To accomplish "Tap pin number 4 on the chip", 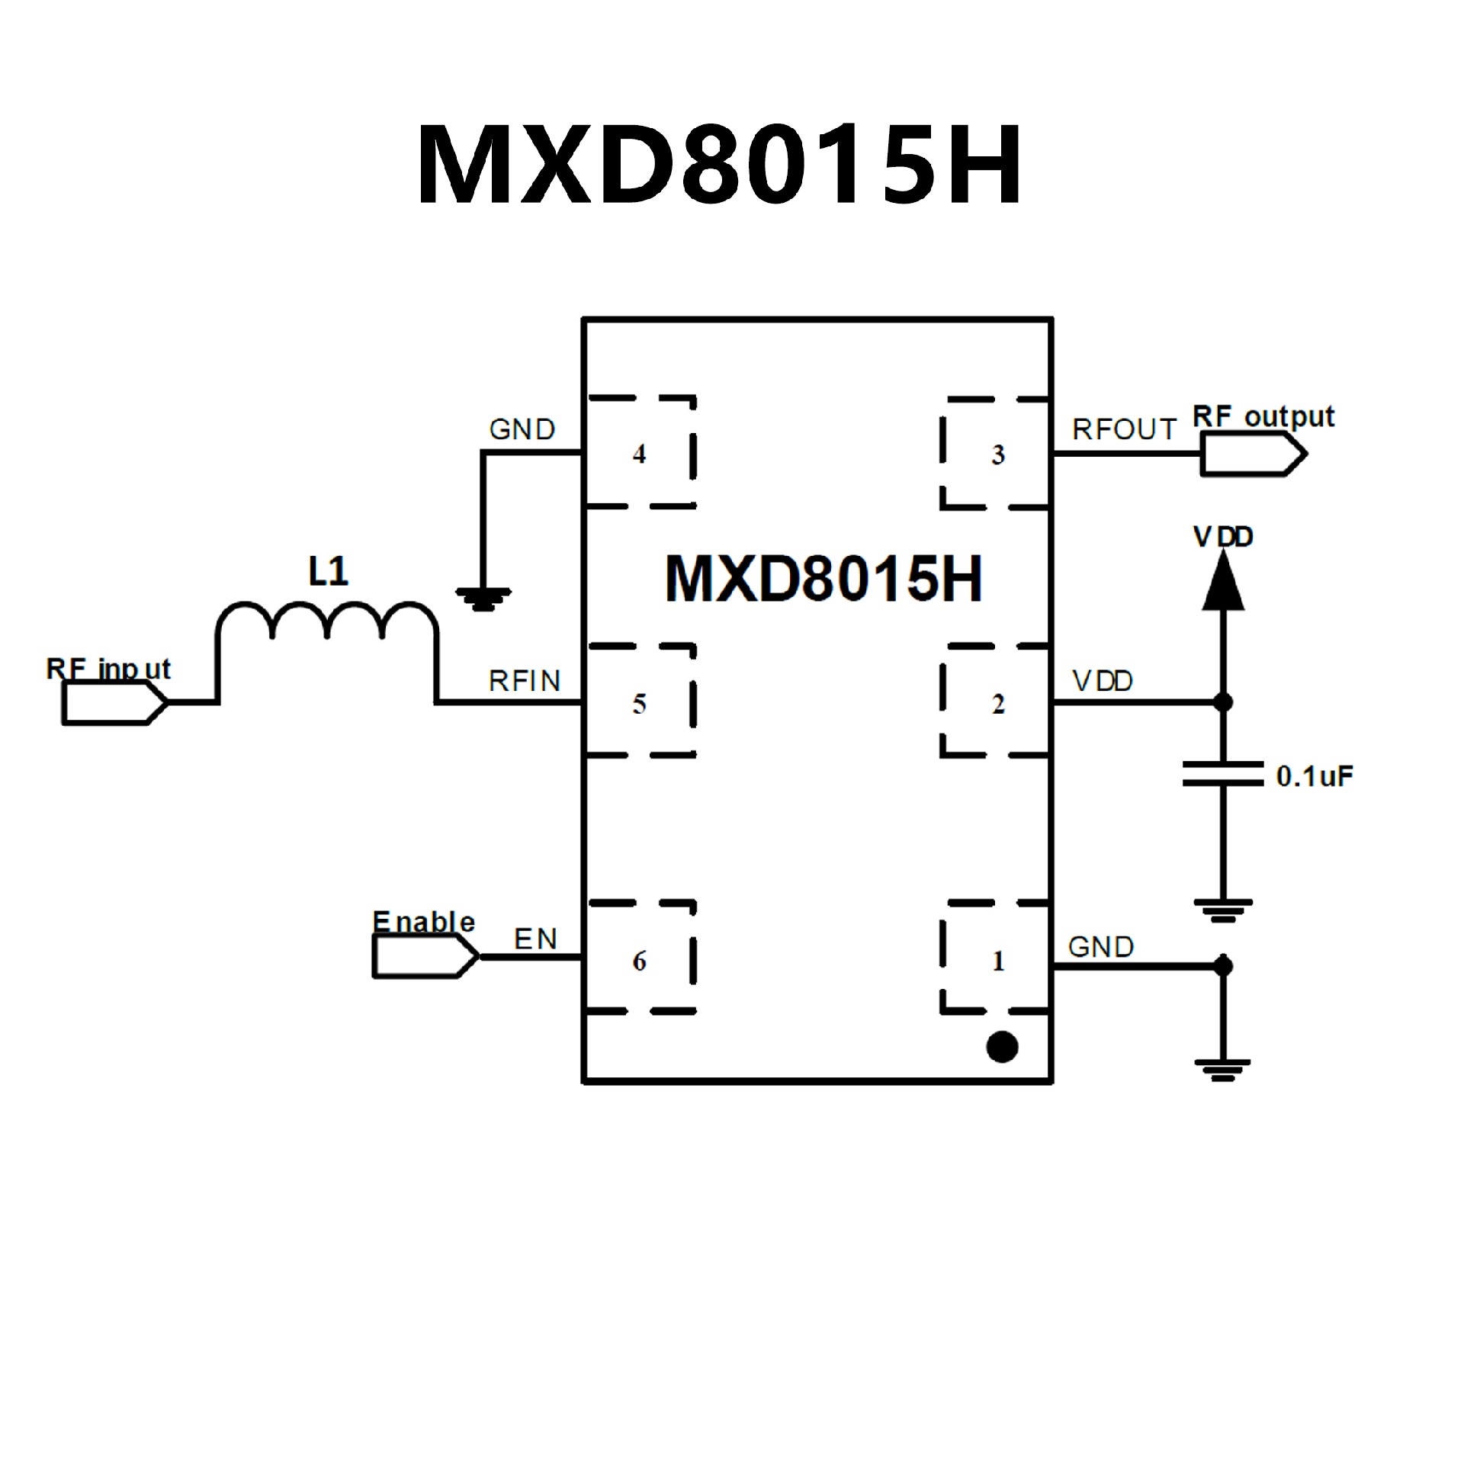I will [639, 454].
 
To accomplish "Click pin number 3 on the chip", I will [997, 455].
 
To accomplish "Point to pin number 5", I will [639, 704].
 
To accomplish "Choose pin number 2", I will [997, 704].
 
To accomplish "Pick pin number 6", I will [639, 961].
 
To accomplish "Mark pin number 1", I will [997, 961].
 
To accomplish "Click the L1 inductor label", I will [328, 571].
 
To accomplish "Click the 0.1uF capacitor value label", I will [1314, 777].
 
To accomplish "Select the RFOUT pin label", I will [1124, 430].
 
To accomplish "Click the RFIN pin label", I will [525, 681].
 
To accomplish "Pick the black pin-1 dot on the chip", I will [1002, 1047].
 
